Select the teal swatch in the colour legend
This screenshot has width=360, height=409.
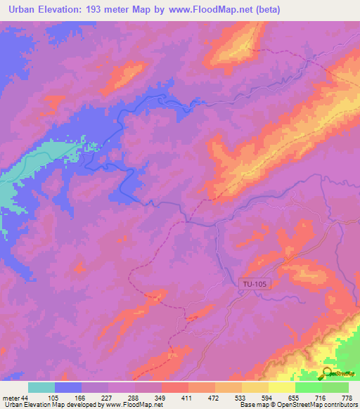pyautogui.click(x=41, y=387)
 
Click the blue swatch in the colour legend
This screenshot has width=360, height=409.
pyautogui.click(x=68, y=387)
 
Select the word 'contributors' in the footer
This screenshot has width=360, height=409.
pyautogui.click(x=337, y=405)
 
